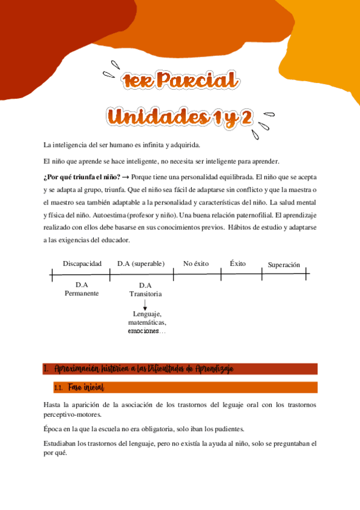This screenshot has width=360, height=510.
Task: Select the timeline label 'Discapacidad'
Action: pos(82,263)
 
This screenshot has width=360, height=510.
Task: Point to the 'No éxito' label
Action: pos(196,263)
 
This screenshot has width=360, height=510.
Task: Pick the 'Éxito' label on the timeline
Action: pos(238,263)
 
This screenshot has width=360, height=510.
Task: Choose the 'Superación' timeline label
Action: pos(284,265)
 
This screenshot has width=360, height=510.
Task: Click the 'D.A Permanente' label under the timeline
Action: pos(82,289)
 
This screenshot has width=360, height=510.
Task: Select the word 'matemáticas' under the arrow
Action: pos(147,323)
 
